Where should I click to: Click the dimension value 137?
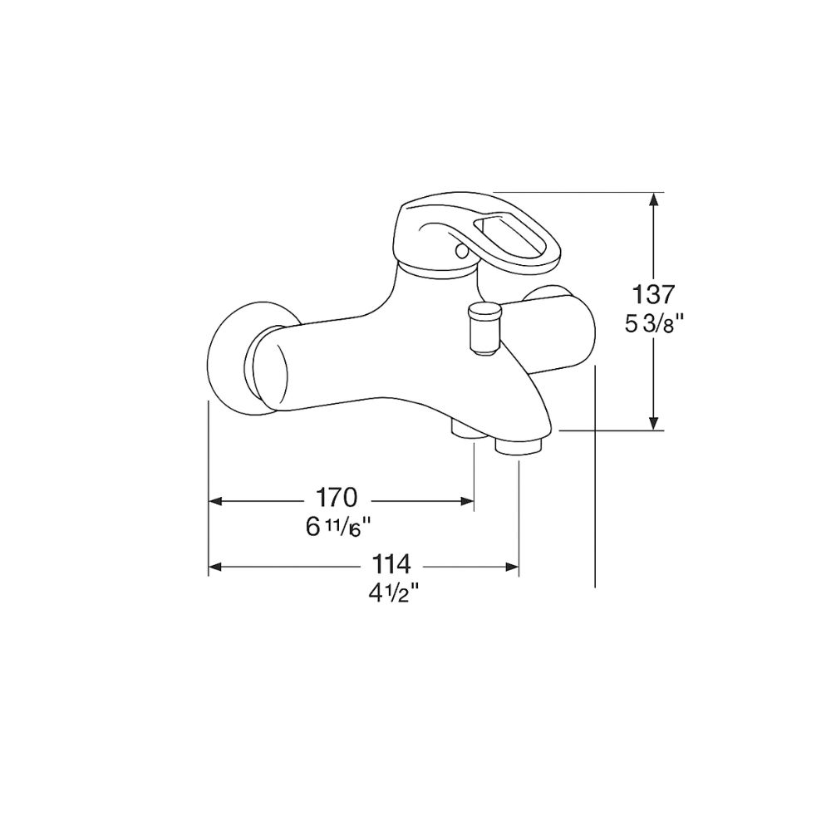654,293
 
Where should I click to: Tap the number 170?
336,498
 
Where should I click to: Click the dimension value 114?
391,564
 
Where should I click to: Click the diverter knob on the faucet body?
484,327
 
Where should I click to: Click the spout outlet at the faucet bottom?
518,446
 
